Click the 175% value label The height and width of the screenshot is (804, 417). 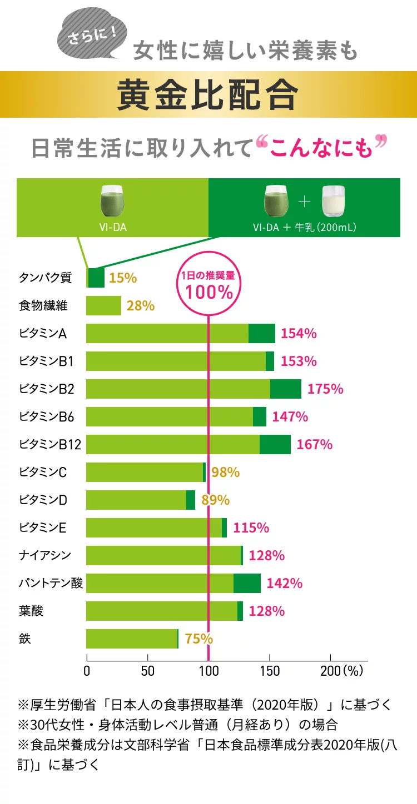click(x=325, y=389)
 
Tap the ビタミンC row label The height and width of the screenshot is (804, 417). click(x=43, y=472)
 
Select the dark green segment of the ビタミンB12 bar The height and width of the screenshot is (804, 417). click(x=275, y=444)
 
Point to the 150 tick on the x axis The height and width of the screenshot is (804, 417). click(x=269, y=670)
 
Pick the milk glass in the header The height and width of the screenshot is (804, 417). click(x=334, y=201)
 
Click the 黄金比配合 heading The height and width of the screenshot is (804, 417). click(x=208, y=95)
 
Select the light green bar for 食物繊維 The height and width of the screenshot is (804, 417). click(x=103, y=305)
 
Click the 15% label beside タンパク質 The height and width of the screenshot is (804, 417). click(x=122, y=278)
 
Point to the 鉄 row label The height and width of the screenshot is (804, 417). click(x=25, y=639)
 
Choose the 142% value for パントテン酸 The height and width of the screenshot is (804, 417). click(x=285, y=583)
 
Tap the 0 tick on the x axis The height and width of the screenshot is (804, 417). click(x=87, y=670)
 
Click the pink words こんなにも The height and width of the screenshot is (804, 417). click(x=322, y=149)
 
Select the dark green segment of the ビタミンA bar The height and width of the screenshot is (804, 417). click(x=261, y=333)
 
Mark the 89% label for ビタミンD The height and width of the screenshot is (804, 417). click(x=215, y=500)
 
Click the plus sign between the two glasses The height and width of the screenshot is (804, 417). click(x=304, y=202)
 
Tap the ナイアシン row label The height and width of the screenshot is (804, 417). click(x=45, y=555)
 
